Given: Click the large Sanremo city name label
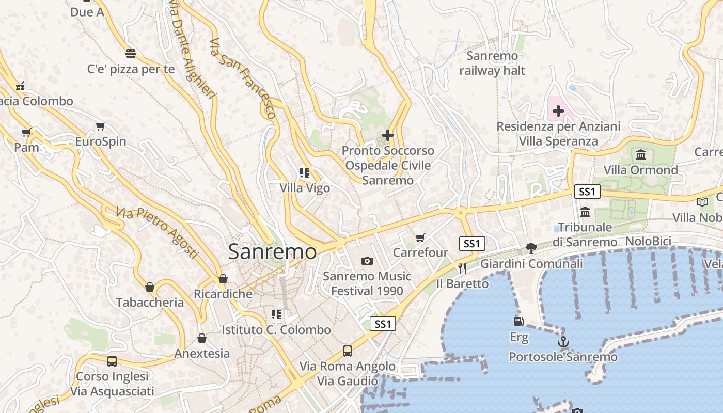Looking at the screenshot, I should pos(272,251).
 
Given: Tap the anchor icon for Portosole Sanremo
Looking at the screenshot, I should pos(563,342).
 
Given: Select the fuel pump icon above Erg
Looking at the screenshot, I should pos(518,322).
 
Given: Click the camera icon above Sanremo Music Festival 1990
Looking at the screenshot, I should pos(367,261).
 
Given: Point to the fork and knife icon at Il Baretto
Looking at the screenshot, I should pos(462,268).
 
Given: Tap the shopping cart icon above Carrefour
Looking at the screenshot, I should pos(420,237).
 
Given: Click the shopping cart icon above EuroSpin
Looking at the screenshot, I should pos(101,126).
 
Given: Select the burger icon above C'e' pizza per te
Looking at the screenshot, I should pos(130,53).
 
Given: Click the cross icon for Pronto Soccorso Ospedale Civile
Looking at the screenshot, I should pos(387,135).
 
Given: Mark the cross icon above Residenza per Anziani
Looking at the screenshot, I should pos(558,110).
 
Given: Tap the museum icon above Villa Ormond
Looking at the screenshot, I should pos(641,154).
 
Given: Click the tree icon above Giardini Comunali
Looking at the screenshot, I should pos(531,248).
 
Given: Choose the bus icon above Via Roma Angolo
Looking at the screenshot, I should pos(348,351).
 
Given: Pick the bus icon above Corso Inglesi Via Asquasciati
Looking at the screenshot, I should pos(112,361).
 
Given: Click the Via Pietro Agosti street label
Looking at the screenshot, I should pos(157,233).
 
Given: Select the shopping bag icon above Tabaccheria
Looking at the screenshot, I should pos(150,287).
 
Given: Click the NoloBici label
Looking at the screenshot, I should pos(648,242).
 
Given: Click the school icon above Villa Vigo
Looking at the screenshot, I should pos(305,173).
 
